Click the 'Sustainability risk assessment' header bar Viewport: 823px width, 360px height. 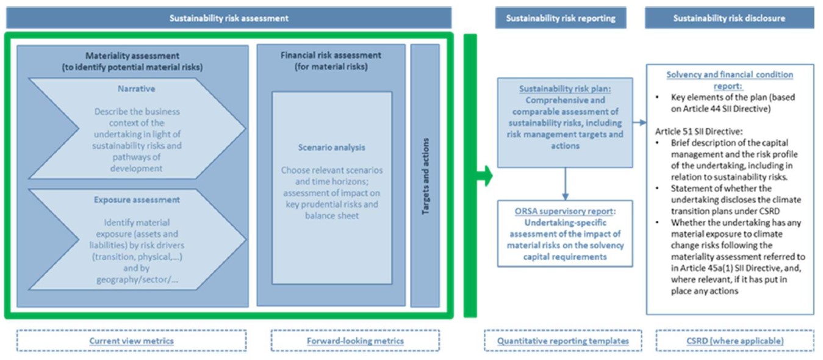[x=229, y=18]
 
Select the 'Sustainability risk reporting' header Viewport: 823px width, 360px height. [x=560, y=18]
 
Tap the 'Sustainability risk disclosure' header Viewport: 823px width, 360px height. [x=729, y=18]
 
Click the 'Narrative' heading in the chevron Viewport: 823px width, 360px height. [x=137, y=88]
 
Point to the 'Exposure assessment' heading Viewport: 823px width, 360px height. [x=137, y=200]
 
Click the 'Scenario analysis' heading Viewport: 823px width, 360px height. [x=331, y=148]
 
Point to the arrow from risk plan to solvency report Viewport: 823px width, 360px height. [x=639, y=123]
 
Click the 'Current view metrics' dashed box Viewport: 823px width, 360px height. [x=131, y=340]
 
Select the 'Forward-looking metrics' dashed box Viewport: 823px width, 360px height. [x=354, y=340]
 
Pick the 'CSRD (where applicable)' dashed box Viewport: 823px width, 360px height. [x=735, y=340]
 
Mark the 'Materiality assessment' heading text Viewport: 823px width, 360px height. [x=132, y=56]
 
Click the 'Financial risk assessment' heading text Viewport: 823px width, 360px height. [x=331, y=56]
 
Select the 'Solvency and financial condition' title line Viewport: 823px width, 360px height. [x=730, y=74]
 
